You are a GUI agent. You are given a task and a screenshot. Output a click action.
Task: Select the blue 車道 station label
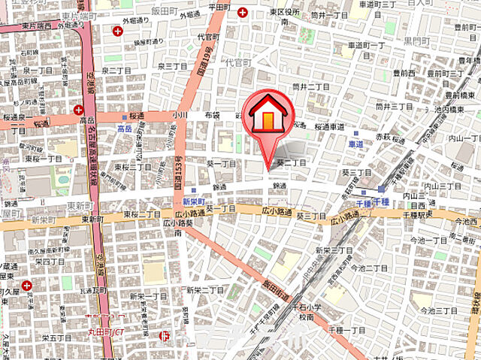(x=355, y=143)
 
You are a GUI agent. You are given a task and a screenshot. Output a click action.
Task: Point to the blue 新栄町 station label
(x=194, y=201)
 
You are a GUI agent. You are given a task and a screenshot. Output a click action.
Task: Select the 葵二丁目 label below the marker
(x=292, y=162)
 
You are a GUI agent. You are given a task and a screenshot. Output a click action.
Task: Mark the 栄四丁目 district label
(x=50, y=262)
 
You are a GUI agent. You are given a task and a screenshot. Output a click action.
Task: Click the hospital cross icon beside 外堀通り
(x=116, y=31)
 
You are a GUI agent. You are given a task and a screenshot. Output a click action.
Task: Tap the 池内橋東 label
(x=463, y=110)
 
